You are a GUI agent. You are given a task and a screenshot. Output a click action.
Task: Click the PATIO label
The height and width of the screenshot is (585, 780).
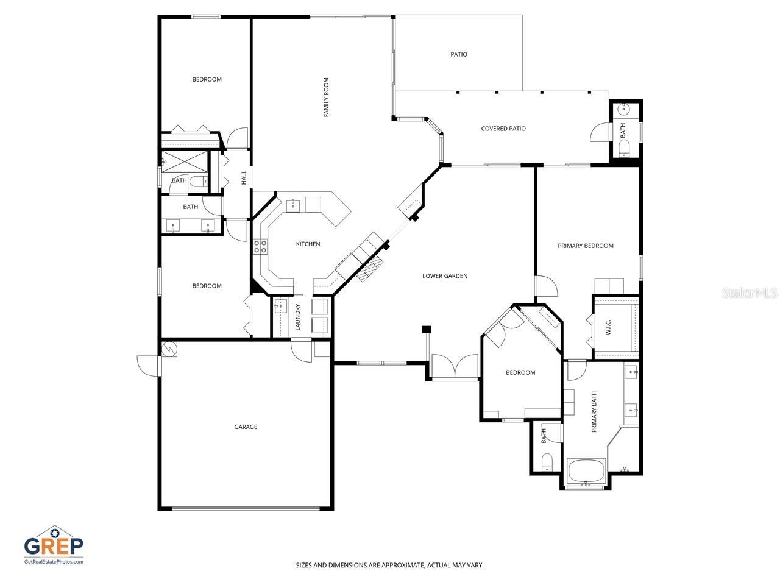pyautogui.click(x=459, y=54)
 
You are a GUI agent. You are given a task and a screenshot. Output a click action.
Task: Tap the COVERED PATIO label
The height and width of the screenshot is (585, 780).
pyautogui.click(x=503, y=129)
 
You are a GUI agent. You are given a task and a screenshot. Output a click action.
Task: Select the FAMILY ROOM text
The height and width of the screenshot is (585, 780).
pyautogui.click(x=327, y=97)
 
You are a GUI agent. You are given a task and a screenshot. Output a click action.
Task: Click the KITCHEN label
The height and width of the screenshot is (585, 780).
pyautogui.click(x=308, y=244)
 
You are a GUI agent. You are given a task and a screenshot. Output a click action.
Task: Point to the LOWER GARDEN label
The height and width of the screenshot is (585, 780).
pyautogui.click(x=445, y=276)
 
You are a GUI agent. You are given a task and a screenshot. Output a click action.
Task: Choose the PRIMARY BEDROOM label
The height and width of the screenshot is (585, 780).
pyautogui.click(x=586, y=246)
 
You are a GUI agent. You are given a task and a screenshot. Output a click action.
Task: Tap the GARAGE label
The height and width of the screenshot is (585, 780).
pyautogui.click(x=246, y=427)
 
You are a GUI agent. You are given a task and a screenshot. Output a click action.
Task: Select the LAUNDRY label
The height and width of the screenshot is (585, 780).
pyautogui.click(x=298, y=317)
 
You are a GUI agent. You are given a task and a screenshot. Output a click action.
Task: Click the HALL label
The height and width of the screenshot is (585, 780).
pyautogui.click(x=244, y=177)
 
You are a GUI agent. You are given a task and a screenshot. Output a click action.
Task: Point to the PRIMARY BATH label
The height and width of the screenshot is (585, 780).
pyautogui.click(x=594, y=412)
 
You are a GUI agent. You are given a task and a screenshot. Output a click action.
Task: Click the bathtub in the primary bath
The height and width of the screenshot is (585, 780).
pyautogui.click(x=586, y=471)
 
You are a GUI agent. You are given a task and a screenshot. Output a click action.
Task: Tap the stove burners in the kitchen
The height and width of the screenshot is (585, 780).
pyautogui.click(x=260, y=246)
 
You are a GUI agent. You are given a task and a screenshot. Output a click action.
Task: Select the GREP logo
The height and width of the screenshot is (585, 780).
pyautogui.click(x=54, y=544)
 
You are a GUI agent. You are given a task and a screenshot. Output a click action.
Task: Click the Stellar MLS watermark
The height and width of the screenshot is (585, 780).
pyautogui.click(x=750, y=293)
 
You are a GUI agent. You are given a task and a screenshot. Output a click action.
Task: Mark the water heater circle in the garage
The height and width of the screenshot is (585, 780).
pyautogui.click(x=169, y=349)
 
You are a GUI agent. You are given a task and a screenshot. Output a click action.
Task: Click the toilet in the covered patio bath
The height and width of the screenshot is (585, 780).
pyautogui.click(x=624, y=148)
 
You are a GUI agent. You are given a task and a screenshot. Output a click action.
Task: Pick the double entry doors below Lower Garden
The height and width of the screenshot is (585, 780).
pyautogui.click(x=455, y=367)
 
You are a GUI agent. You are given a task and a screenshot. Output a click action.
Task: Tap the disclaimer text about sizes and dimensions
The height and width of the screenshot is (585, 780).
pyautogui.click(x=390, y=565)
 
